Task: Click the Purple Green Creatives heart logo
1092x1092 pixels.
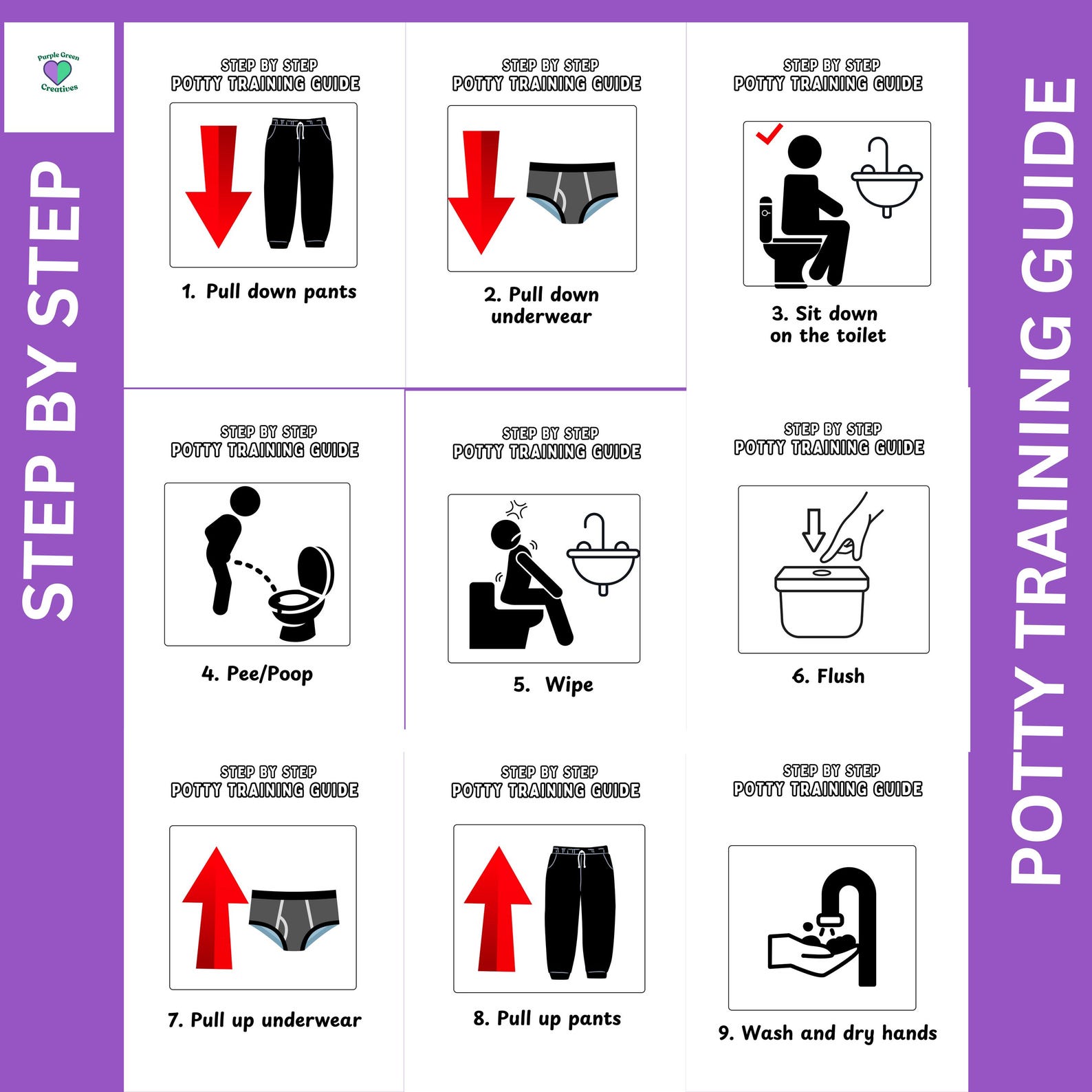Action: (58, 72)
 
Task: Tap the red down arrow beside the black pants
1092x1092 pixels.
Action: (218, 186)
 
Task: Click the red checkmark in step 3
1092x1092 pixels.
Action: (769, 133)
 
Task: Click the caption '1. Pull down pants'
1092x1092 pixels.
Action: (269, 292)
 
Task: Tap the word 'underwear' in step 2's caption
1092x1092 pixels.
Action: (541, 317)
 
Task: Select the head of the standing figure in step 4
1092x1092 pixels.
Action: (245, 501)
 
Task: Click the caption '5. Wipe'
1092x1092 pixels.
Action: (554, 685)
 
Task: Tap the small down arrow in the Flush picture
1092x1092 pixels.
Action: (813, 529)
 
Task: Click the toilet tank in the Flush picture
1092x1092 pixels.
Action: (822, 602)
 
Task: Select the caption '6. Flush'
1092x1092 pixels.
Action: (829, 676)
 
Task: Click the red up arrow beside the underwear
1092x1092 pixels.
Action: (215, 908)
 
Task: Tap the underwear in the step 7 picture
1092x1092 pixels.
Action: (294, 918)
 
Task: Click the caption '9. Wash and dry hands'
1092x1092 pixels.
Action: (828, 1033)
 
